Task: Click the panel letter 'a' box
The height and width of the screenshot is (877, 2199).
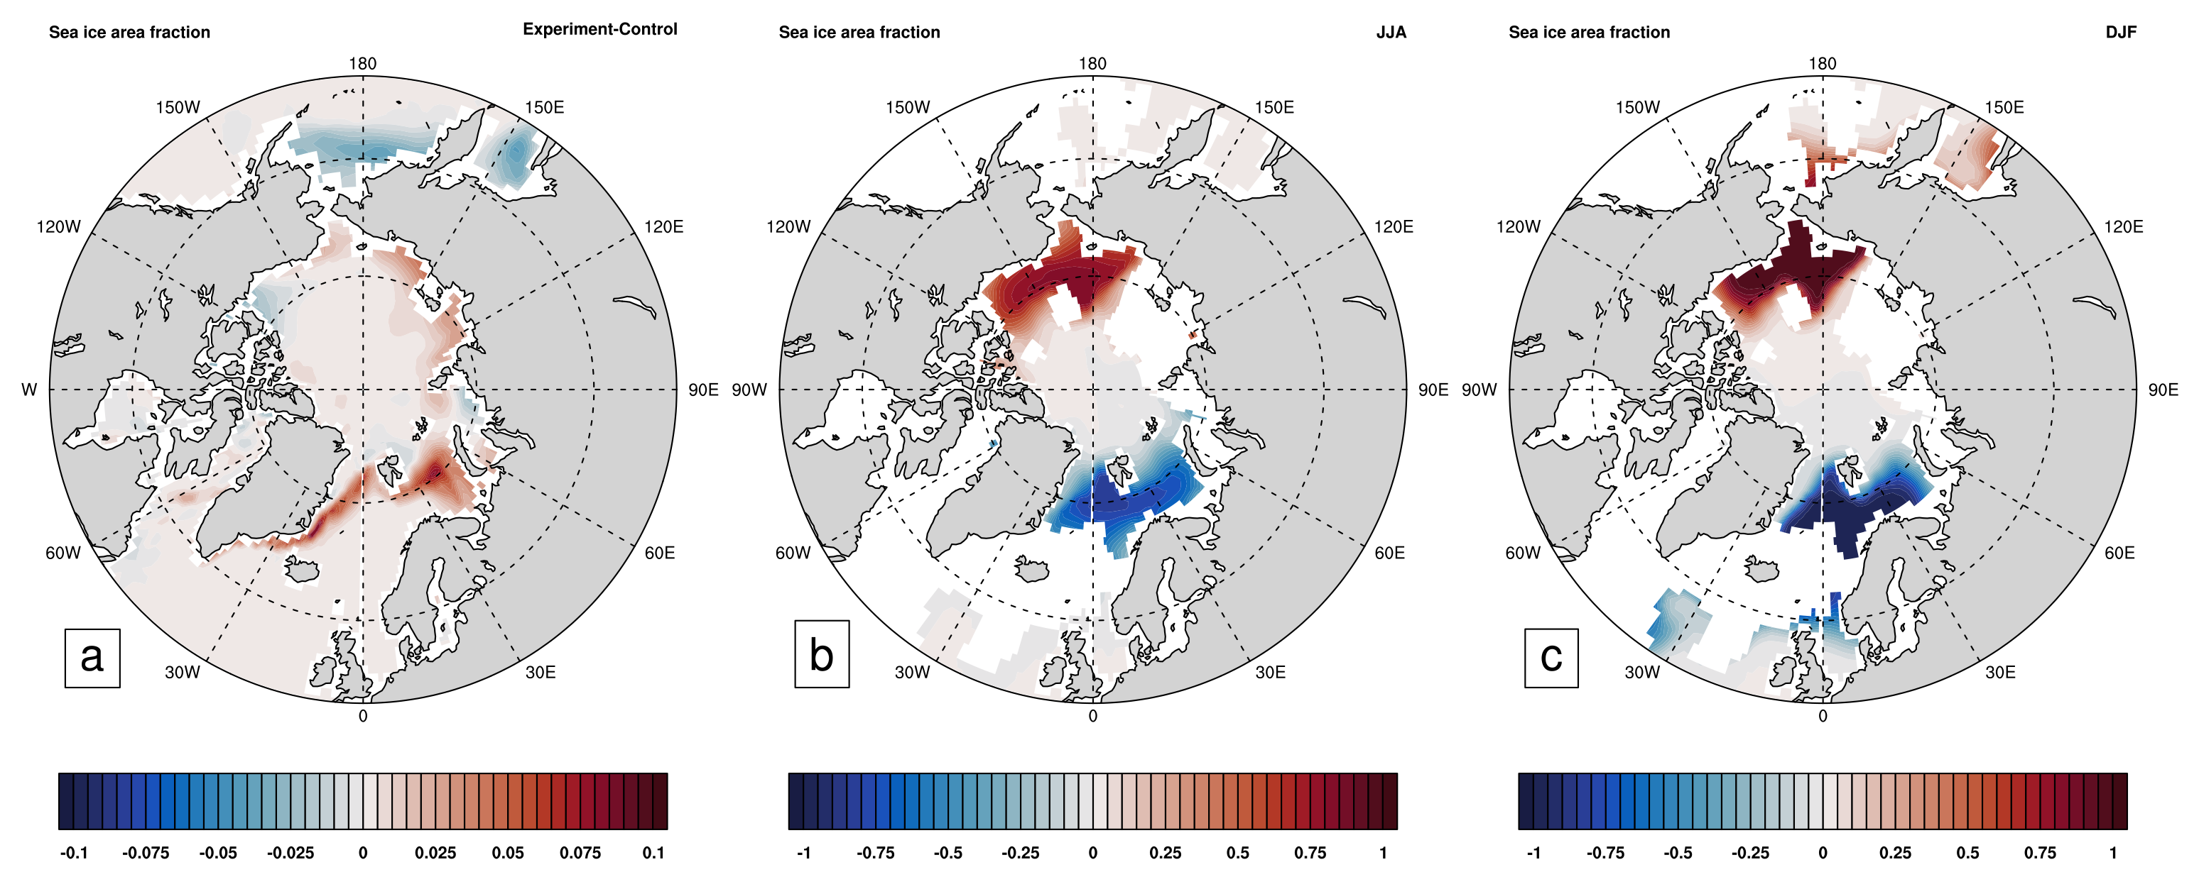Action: pyautogui.click(x=92, y=657)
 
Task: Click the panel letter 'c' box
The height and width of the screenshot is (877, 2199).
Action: pyautogui.click(x=1551, y=657)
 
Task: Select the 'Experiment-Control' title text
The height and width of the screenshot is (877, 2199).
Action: pyautogui.click(x=599, y=29)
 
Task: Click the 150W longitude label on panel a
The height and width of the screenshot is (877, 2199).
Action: pyautogui.click(x=178, y=107)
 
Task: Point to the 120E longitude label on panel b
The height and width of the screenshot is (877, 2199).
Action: pyautogui.click(x=1393, y=227)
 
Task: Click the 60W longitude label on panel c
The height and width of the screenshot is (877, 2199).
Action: pyautogui.click(x=1523, y=553)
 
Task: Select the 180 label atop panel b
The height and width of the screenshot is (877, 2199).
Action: pyautogui.click(x=1092, y=64)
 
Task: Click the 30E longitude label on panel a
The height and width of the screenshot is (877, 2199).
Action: pyautogui.click(x=541, y=672)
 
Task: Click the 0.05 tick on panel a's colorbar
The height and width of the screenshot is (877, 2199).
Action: pyautogui.click(x=508, y=852)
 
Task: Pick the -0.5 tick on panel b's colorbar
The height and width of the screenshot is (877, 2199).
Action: pyautogui.click(x=948, y=852)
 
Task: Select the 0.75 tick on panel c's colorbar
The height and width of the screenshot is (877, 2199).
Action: pyautogui.click(x=2040, y=852)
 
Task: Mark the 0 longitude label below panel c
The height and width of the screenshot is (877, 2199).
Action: pyautogui.click(x=1823, y=717)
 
